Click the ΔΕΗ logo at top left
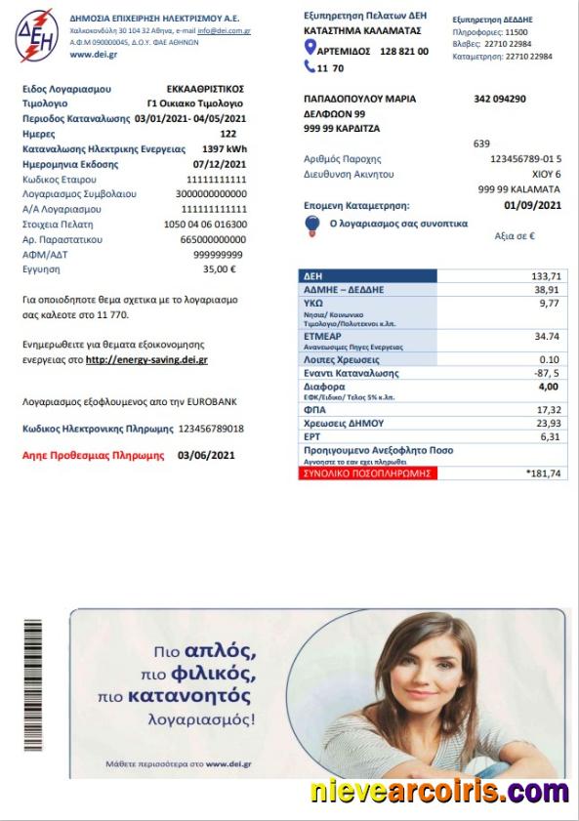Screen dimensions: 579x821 pos(36,35)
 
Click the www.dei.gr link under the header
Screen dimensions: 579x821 pos(93,56)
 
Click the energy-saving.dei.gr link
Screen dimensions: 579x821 pos(146,360)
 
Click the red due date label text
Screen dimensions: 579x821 pos(94,455)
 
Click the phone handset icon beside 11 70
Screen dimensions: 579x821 pos(310,68)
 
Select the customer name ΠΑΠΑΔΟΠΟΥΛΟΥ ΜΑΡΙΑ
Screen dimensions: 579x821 pos(360,99)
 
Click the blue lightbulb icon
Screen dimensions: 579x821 pos(313,226)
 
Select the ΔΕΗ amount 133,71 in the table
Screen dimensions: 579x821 pos(546,276)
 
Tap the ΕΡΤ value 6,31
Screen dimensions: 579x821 pos(551,436)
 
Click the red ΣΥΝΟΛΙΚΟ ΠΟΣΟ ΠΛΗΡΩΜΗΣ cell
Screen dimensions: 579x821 pos(367,473)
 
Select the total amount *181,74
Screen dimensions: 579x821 pos(543,473)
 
